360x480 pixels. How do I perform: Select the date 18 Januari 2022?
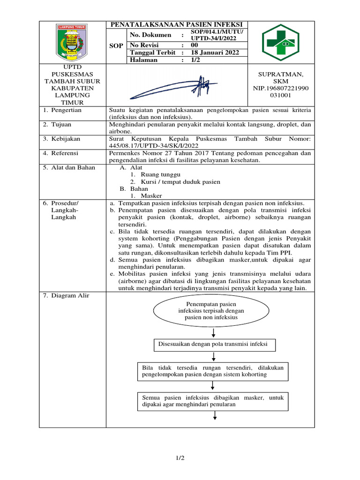click(x=215, y=52)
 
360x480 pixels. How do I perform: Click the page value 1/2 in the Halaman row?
click(x=195, y=60)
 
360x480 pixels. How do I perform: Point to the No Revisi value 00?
click(x=195, y=45)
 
